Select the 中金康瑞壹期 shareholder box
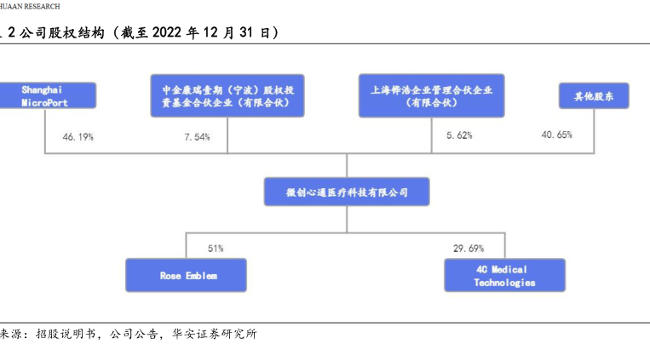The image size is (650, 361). tap(227, 95)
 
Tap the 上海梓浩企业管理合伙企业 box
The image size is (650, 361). tap(432, 95)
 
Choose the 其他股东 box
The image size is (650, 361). tap(593, 95)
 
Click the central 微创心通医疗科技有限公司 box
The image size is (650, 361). tap(346, 192)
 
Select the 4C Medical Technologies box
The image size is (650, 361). tap(504, 276)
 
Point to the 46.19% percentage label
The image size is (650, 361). tap(78, 136)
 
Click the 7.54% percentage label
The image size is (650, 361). tap(196, 136)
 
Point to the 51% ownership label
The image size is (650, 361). tap(216, 249)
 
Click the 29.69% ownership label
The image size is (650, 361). tap(469, 249)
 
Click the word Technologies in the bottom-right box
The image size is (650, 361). tap(504, 283)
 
